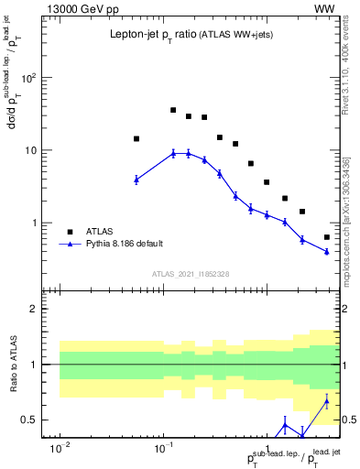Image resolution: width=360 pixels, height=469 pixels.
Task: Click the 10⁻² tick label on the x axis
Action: pyautogui.click(x=60, y=450)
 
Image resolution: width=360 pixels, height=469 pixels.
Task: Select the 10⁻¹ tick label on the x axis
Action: pyautogui.click(x=164, y=450)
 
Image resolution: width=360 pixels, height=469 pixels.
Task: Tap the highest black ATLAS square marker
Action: pyautogui.click(x=173, y=110)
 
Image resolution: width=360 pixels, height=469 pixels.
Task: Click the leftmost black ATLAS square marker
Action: pyautogui.click(x=136, y=139)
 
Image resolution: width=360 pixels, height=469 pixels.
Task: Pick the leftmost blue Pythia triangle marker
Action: pyautogui.click(x=136, y=180)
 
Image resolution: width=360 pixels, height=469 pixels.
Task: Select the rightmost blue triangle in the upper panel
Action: pyautogui.click(x=327, y=252)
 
